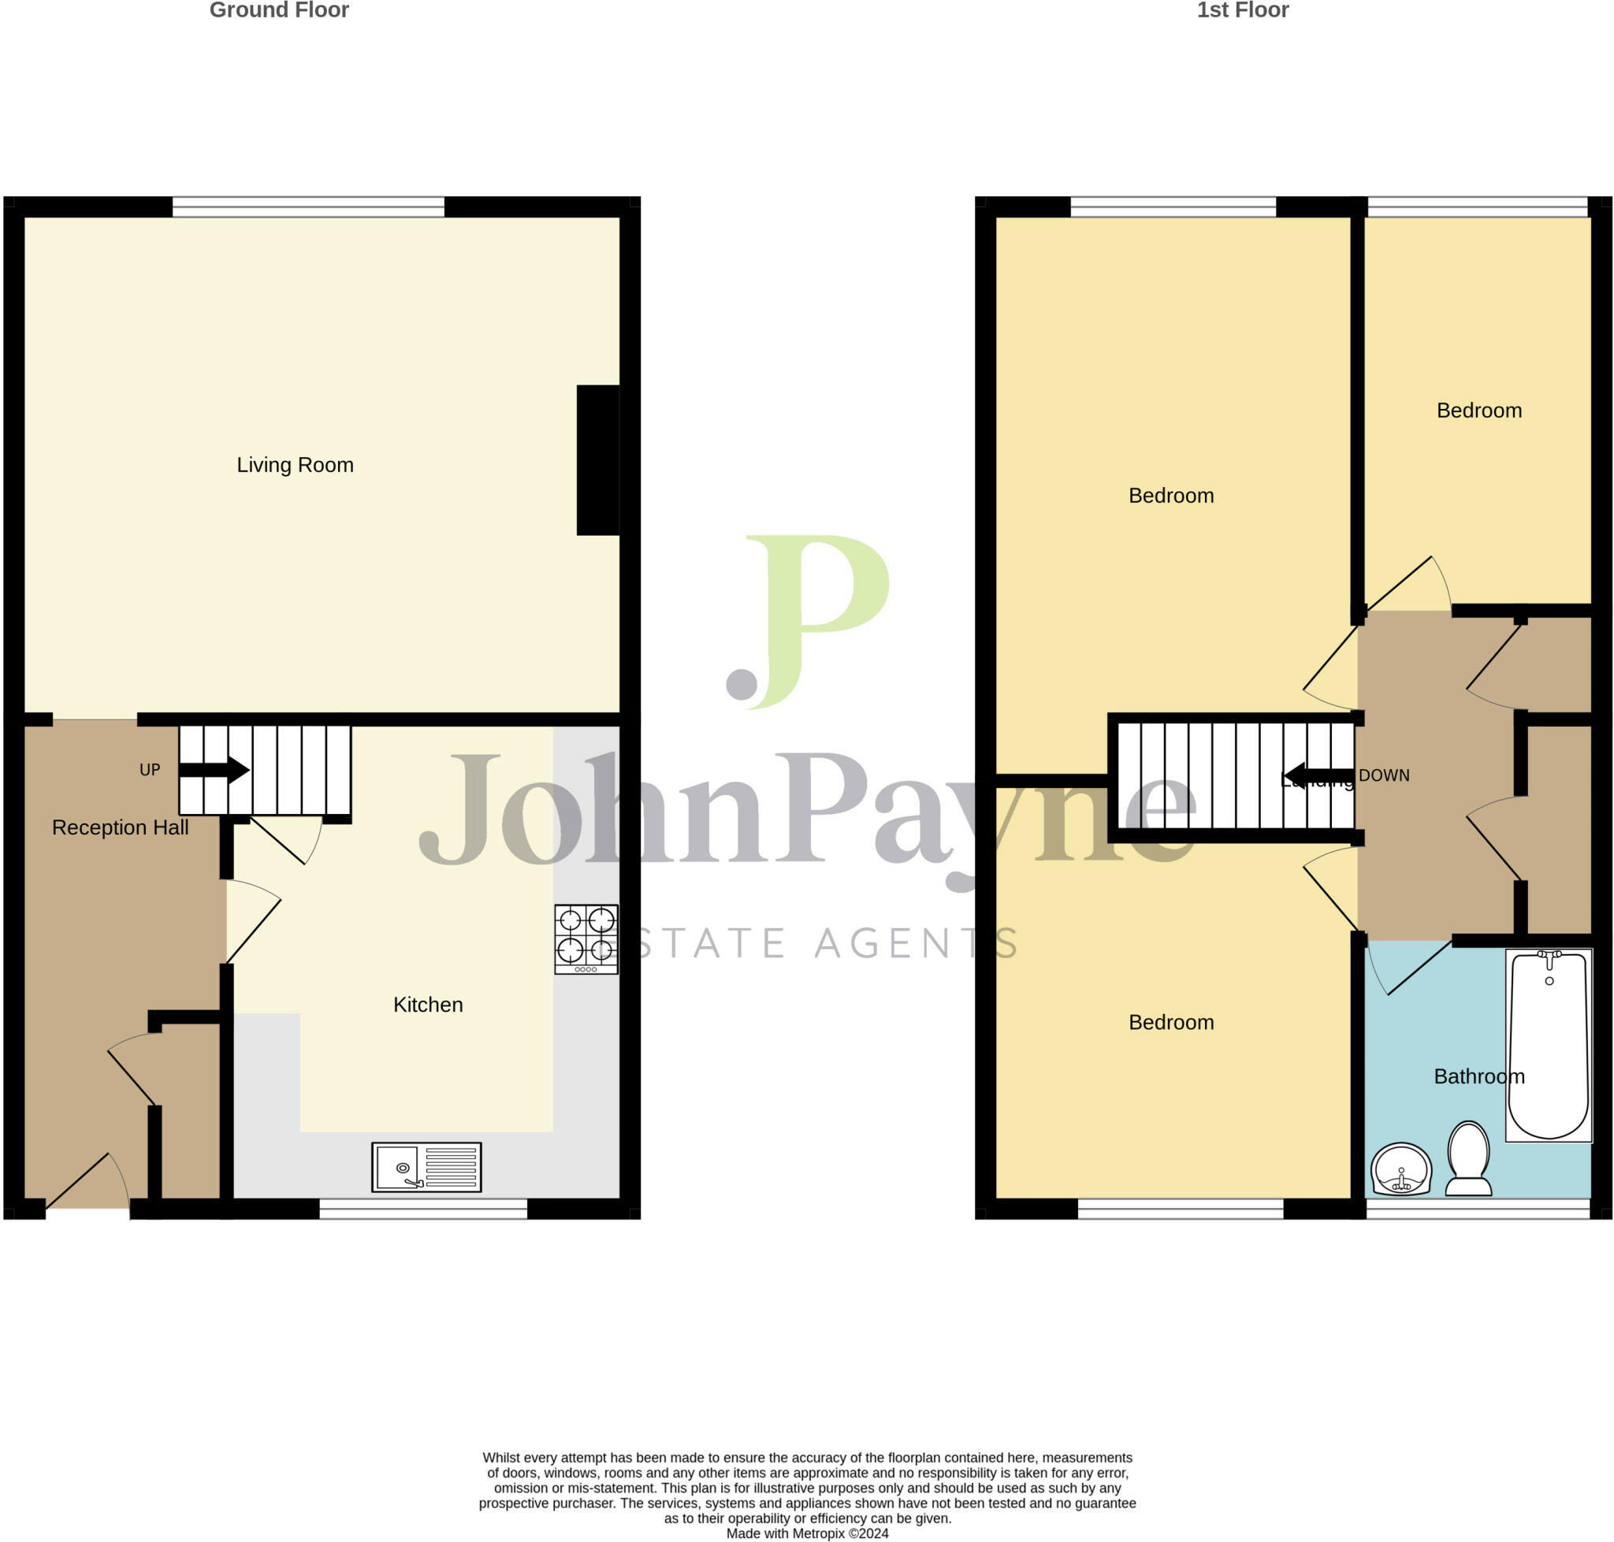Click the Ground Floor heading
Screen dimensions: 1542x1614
(279, 11)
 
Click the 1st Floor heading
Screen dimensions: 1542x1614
(1241, 11)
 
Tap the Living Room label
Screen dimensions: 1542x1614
(296, 465)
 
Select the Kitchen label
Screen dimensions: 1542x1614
(428, 1005)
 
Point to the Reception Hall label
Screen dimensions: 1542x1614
(120, 827)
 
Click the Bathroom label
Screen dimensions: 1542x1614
(1478, 1076)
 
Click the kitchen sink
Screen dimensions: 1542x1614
(426, 1167)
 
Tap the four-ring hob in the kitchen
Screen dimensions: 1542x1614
(586, 939)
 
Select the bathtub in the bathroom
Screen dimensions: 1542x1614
(1549, 1045)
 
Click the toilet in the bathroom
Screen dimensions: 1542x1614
(1467, 1159)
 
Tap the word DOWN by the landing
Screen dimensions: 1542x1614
(1384, 776)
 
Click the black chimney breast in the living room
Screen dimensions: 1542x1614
(597, 460)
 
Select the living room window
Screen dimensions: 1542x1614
(307, 206)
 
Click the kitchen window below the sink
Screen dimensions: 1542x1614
(422, 1208)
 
